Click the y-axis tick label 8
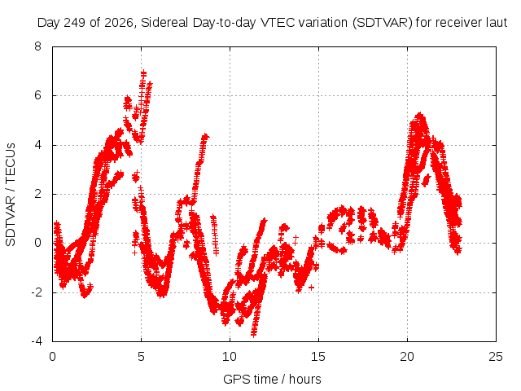point(37,46)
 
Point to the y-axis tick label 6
point(37,95)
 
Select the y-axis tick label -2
point(36,292)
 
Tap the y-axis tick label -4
point(36,341)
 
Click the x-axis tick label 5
point(141,357)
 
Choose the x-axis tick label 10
point(230,357)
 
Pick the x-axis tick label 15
point(318,357)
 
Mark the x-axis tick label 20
point(407,357)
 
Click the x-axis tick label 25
point(496,357)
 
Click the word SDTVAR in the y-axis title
point(11,221)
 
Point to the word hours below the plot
point(305,380)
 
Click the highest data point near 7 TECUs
point(143,72)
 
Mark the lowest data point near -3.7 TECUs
point(253,334)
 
